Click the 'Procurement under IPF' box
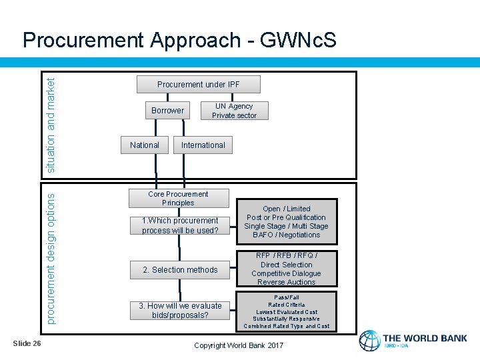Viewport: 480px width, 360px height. click(x=198, y=84)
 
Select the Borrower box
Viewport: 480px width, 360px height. click(x=167, y=110)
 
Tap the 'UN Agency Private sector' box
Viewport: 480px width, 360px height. click(x=234, y=111)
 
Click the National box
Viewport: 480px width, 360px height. click(x=145, y=145)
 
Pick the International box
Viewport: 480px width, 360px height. click(x=203, y=145)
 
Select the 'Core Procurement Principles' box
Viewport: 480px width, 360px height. click(x=178, y=198)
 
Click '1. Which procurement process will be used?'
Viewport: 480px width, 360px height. click(x=179, y=225)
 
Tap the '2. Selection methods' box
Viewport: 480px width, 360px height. click(x=179, y=270)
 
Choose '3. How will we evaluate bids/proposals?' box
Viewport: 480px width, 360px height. click(x=179, y=310)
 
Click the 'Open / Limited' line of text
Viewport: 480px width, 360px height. click(x=286, y=209)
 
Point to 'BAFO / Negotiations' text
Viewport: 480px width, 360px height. click(x=286, y=235)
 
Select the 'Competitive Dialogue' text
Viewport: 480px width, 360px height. click(x=286, y=273)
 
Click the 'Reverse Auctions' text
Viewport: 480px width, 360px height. click(x=286, y=282)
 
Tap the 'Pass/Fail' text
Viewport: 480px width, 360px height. click(x=286, y=297)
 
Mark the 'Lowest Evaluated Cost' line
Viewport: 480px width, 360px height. click(x=286, y=312)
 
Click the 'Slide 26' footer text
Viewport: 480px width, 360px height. click(x=27, y=343)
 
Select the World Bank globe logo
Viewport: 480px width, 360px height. click(x=369, y=340)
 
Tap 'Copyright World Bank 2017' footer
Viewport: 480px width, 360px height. click(x=238, y=345)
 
